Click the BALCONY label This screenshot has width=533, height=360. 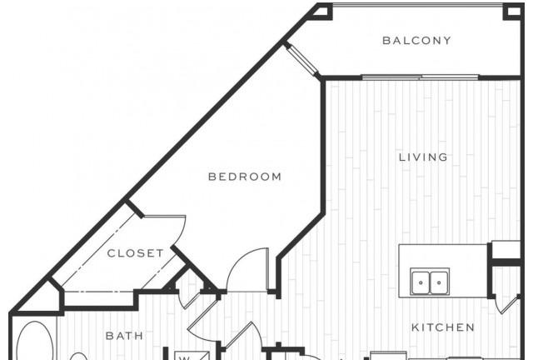click(x=416, y=41)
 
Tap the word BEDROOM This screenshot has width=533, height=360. click(x=245, y=177)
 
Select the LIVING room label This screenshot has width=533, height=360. click(x=423, y=157)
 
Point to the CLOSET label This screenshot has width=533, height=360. click(x=135, y=253)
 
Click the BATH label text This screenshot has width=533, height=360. click(x=124, y=336)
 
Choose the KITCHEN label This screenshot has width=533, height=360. click(x=443, y=327)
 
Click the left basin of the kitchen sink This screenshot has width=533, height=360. click(x=421, y=282)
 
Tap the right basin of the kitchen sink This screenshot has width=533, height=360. click(x=439, y=282)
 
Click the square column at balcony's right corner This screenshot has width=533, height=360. click(x=513, y=11)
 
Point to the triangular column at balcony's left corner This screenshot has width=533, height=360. click(x=324, y=11)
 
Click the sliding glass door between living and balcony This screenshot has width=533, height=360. click(x=420, y=77)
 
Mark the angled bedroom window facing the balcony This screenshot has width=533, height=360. click(x=301, y=60)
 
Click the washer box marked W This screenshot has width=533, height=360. click(x=192, y=355)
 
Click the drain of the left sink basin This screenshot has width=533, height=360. click(x=421, y=282)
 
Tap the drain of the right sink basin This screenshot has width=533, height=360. click(x=439, y=282)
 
